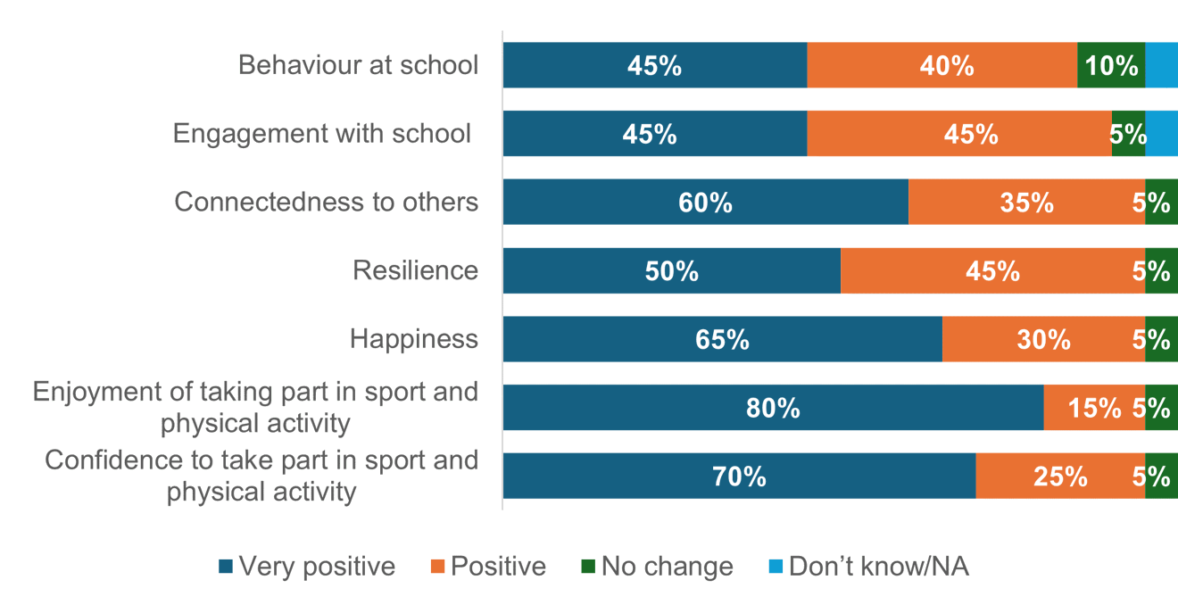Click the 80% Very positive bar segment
tap(773, 408)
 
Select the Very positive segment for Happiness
tap(722, 339)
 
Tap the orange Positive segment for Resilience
tap(992, 270)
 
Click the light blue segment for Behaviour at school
tap(1161, 65)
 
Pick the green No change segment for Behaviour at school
tap(1111, 65)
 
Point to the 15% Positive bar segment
tap(1094, 408)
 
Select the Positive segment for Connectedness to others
tap(1026, 202)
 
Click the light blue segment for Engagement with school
tap(1161, 134)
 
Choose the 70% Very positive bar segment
tap(739, 476)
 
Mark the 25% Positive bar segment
tap(1060, 476)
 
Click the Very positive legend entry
tap(308, 567)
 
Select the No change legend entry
tap(657, 567)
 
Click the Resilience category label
tap(415, 270)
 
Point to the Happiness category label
tap(413, 339)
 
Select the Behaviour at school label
tap(358, 65)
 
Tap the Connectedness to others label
tap(326, 202)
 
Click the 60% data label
tap(705, 203)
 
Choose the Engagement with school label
tap(321, 134)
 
